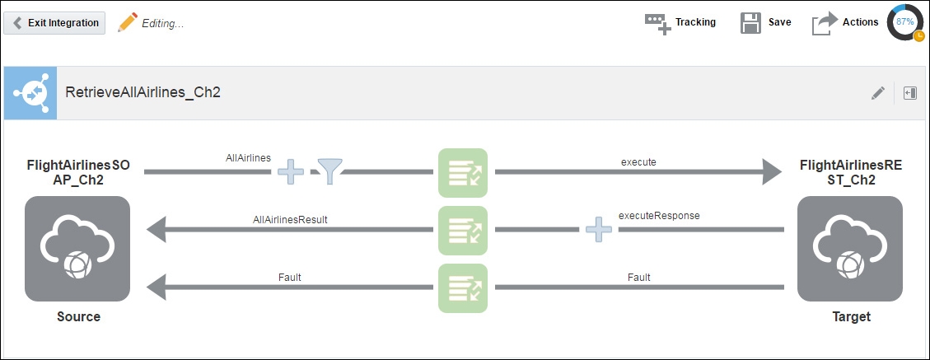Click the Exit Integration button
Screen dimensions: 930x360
(x=54, y=23)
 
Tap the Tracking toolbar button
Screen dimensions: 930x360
(x=680, y=22)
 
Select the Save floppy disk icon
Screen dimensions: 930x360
(x=750, y=22)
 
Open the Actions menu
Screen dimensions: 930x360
(x=845, y=22)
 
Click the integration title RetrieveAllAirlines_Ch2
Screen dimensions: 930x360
(x=143, y=92)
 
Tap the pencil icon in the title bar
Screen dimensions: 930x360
(x=878, y=93)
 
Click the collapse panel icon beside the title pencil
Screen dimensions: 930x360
(x=910, y=93)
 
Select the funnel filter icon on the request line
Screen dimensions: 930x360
(x=329, y=171)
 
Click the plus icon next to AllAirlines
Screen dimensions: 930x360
(x=291, y=171)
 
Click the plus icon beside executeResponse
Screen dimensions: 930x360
(x=599, y=229)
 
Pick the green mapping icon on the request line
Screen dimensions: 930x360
(x=463, y=173)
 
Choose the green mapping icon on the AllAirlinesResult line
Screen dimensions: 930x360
(x=463, y=230)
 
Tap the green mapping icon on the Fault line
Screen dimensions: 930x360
(x=463, y=288)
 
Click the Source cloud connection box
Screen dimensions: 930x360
(x=77, y=249)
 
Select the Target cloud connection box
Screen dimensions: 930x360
(x=850, y=249)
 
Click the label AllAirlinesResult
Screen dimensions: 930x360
(x=290, y=219)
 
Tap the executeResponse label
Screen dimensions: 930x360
(x=659, y=216)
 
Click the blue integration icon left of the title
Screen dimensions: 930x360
(x=30, y=93)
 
